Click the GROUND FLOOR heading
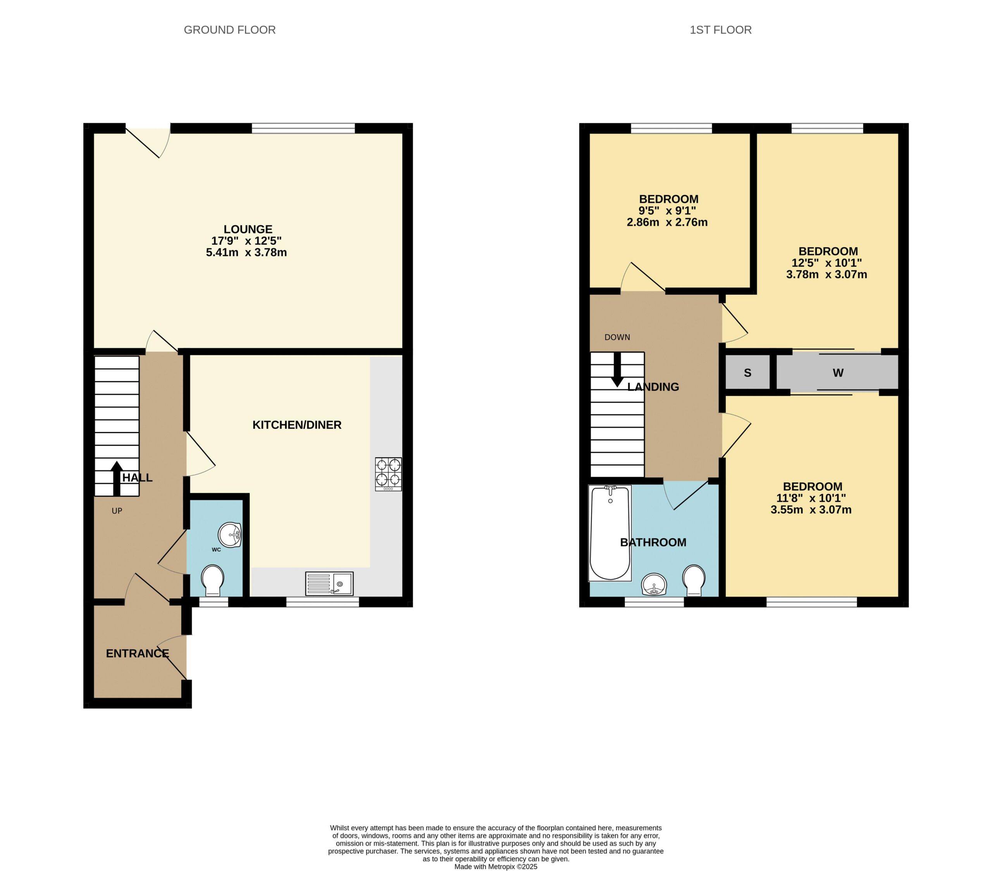pos(229,30)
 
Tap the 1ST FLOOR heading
pos(721,30)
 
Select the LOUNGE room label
pos(248,229)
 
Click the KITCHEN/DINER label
pos(297,425)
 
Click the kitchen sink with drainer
pos(329,583)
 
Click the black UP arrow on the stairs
pos(117,479)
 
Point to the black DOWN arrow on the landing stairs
pos(617,370)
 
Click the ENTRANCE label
pos(137,654)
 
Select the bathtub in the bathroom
pos(610,533)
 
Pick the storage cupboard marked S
pos(747,373)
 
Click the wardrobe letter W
pos(838,373)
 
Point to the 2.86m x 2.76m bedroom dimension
pos(667,223)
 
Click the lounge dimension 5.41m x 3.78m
pos(246,252)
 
